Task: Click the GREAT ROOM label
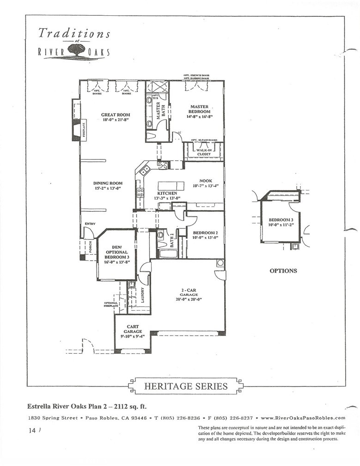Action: click(x=116, y=115)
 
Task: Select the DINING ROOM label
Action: click(x=108, y=184)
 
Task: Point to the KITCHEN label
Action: click(x=167, y=193)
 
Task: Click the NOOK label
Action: click(x=206, y=181)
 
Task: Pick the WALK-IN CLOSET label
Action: click(x=204, y=152)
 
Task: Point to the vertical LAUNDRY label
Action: click(x=142, y=295)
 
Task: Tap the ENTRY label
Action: click(x=90, y=224)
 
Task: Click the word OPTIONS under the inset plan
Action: click(x=283, y=271)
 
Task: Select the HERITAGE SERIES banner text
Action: click(x=186, y=386)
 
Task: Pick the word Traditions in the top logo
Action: click(x=74, y=33)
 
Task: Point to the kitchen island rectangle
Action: click(x=171, y=186)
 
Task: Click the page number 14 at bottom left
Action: click(x=31, y=430)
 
